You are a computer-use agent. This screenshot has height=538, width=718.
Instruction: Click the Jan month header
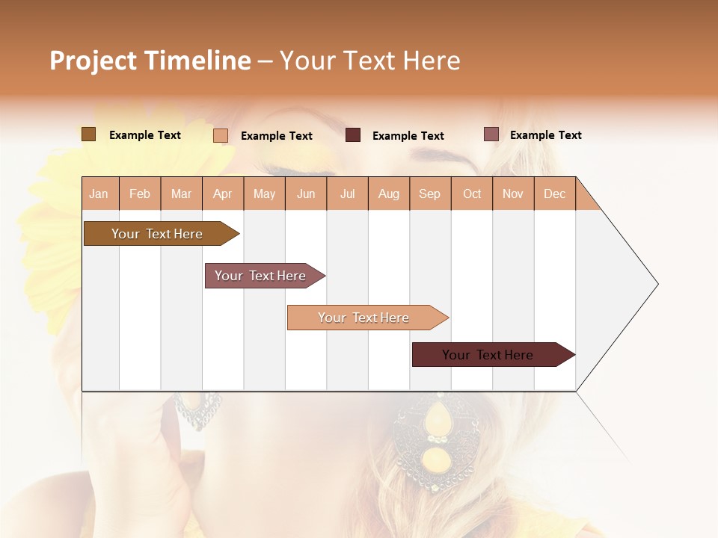99,194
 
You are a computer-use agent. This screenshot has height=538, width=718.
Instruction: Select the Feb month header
140,194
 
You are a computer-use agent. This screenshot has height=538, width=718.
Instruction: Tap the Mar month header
181,194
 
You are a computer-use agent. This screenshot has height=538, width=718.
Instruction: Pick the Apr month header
223,194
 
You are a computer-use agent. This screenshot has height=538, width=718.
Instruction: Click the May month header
264,194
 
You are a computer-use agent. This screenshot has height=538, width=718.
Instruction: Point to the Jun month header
306,194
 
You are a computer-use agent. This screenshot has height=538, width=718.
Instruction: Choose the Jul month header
347,194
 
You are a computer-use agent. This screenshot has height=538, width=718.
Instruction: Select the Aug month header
389,194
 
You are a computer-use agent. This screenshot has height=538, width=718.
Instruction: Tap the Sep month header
430,194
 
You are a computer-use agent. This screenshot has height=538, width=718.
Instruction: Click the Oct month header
472,194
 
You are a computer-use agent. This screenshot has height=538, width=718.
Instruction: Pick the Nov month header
513,194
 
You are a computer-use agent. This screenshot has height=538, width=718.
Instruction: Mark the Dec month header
555,194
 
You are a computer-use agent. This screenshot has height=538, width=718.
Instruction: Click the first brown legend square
88,134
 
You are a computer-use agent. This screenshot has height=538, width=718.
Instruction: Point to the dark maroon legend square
353,135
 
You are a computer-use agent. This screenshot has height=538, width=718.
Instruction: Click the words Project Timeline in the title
150,61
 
